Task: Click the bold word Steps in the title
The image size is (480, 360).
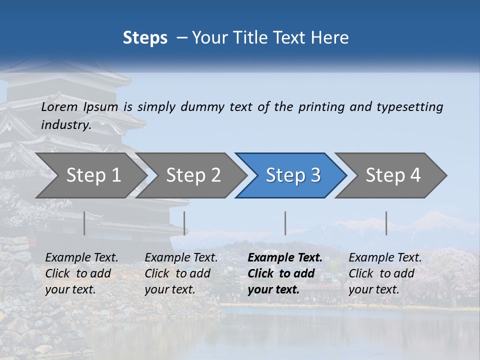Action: click(145, 38)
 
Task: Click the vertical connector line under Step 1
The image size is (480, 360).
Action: click(84, 223)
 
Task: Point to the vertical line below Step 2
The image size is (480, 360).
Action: click(184, 223)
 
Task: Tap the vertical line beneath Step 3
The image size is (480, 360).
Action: click(285, 223)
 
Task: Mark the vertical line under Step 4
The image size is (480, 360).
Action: click(386, 223)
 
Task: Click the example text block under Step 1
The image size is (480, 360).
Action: click(81, 273)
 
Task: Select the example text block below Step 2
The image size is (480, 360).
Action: click(181, 273)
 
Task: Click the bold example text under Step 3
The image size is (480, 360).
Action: click(284, 273)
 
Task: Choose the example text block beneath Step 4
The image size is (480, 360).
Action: click(385, 273)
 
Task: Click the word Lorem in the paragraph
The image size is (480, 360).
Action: click(59, 106)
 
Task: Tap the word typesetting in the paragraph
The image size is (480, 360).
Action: click(409, 106)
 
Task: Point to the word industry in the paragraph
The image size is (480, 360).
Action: click(65, 124)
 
